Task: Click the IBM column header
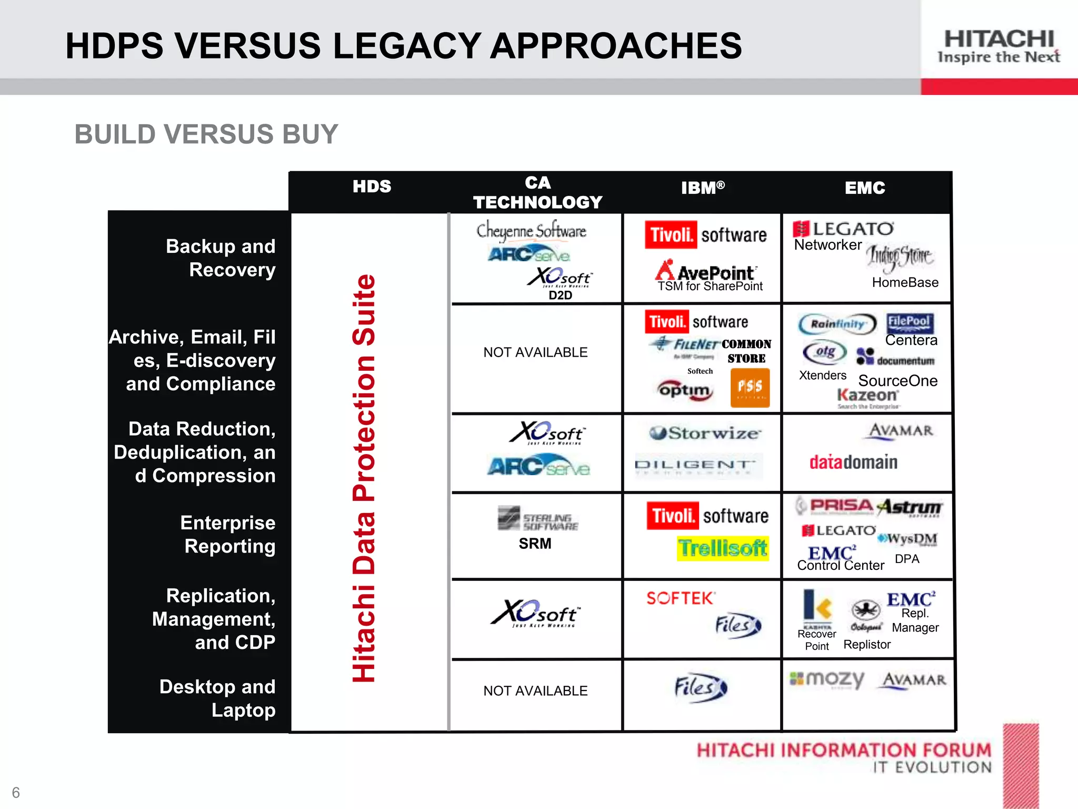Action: click(x=702, y=188)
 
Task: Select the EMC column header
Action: click(x=865, y=188)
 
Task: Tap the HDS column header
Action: click(x=372, y=186)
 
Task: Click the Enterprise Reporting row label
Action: click(x=228, y=534)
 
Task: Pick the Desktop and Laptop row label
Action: click(x=217, y=698)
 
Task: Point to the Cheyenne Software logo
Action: click(x=531, y=231)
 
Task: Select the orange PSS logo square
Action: click(x=750, y=388)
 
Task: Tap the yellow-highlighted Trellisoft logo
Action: click(x=722, y=548)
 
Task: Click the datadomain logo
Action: click(x=853, y=462)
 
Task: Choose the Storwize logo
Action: click(x=704, y=433)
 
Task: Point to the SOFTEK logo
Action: click(x=680, y=598)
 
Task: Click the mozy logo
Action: click(x=827, y=679)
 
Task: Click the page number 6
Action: click(x=16, y=792)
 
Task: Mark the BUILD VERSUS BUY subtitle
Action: click(x=206, y=134)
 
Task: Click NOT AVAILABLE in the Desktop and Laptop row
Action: click(x=535, y=690)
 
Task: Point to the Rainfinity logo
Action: click(x=837, y=324)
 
